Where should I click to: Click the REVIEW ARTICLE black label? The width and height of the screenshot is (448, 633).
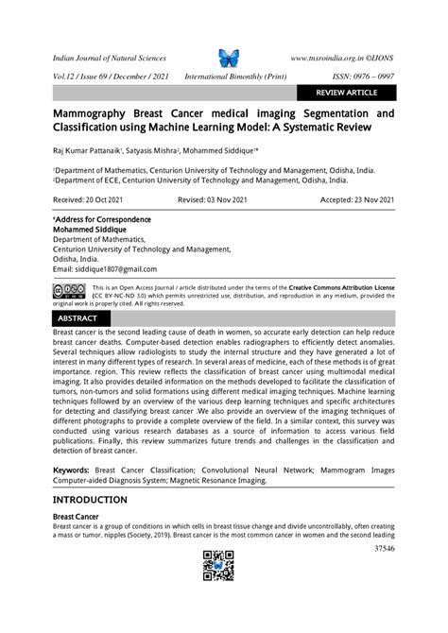346,93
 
